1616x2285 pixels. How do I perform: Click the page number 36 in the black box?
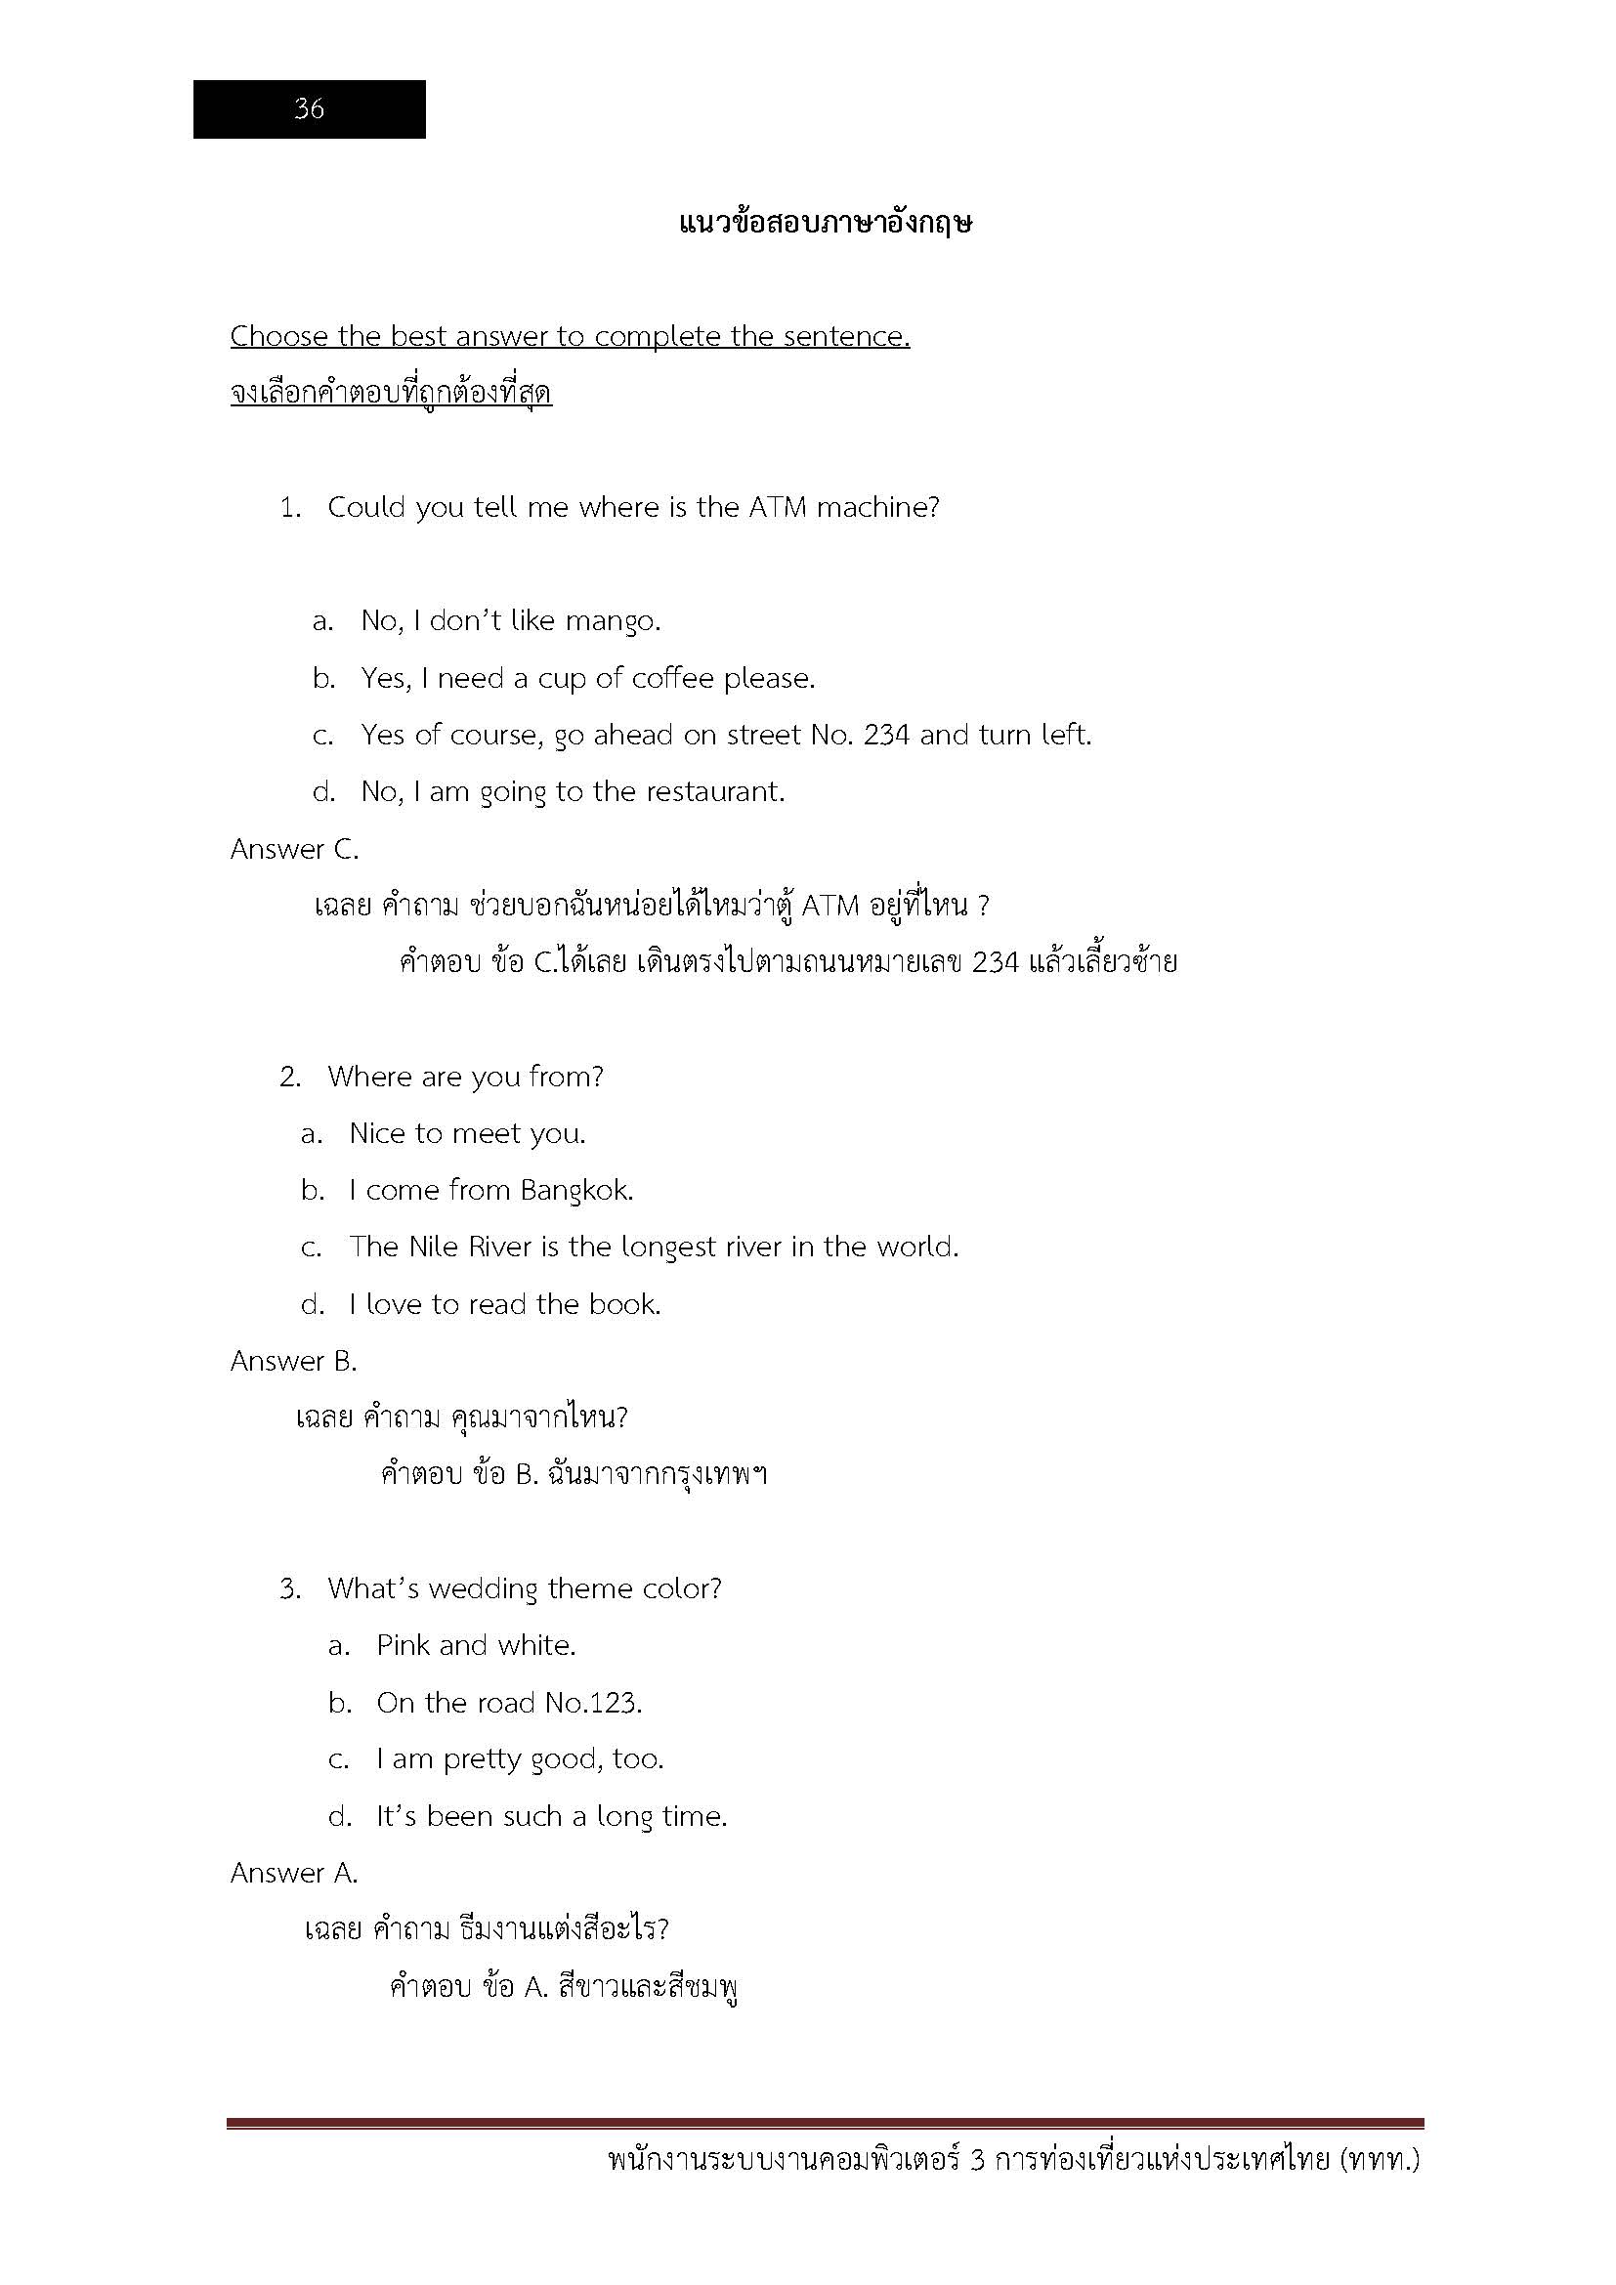[x=309, y=108]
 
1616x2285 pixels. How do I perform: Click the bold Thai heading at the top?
[x=825, y=222]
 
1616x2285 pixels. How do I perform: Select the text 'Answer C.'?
[x=294, y=849]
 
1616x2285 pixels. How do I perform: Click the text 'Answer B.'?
[x=293, y=1362]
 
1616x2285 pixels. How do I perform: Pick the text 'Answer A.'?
[x=293, y=1874]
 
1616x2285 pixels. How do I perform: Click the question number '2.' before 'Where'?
[x=289, y=1078]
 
